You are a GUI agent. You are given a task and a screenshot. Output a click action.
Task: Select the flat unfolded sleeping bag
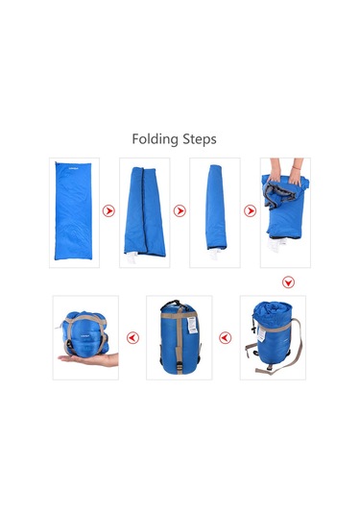(x=73, y=210)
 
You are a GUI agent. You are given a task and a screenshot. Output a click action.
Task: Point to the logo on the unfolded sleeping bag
(x=73, y=169)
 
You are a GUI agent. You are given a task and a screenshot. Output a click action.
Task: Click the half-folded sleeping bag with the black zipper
(x=144, y=211)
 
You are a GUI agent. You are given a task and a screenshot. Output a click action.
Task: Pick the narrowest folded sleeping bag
(x=216, y=208)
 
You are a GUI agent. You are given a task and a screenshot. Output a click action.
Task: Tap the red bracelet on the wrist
(x=296, y=168)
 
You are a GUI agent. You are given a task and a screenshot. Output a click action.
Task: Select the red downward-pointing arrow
(x=288, y=282)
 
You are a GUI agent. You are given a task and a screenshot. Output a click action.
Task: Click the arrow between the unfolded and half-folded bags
(x=108, y=210)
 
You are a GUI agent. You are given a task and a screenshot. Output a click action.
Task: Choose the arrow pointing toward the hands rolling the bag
(x=251, y=210)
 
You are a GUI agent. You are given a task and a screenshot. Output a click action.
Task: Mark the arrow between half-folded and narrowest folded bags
(x=180, y=210)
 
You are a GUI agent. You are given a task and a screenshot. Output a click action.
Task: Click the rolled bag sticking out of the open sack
(x=273, y=314)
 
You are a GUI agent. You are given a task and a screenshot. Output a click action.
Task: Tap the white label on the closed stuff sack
(x=192, y=325)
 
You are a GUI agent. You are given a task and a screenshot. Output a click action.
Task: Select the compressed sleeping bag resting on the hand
(x=85, y=333)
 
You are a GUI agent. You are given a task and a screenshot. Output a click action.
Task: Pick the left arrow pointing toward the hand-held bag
(x=132, y=337)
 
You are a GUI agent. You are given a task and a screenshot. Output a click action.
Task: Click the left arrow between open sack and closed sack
(x=225, y=337)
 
